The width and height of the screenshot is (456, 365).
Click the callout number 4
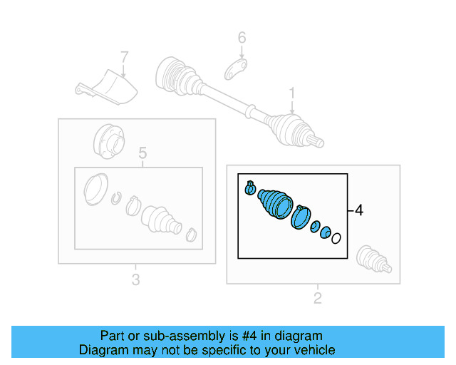359,210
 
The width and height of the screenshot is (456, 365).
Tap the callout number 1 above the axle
291,93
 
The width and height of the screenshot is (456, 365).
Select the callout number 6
242,38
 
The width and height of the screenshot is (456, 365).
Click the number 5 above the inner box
142,153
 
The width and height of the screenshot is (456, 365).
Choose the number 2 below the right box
318,298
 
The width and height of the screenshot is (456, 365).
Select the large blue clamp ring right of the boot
301,217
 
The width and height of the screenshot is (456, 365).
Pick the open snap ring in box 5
117,197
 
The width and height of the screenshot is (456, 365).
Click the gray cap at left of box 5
95,187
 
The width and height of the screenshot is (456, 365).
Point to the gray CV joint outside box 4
372,259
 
